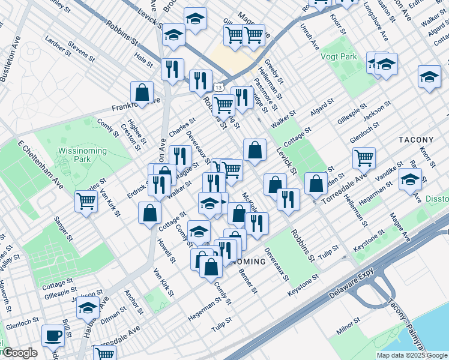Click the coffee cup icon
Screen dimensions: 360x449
tap(53, 336)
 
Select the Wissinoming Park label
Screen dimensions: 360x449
tap(83, 155)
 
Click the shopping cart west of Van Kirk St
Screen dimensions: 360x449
tap(86, 200)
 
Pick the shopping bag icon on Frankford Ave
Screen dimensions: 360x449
tap(142, 92)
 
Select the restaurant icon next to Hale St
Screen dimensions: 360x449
tap(172, 69)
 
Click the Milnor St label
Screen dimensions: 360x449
tap(348, 328)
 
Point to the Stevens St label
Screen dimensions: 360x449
tap(81, 52)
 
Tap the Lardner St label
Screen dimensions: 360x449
tap(58, 46)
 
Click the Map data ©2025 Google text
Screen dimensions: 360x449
tap(411, 355)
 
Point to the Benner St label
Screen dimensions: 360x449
tap(249, 281)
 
